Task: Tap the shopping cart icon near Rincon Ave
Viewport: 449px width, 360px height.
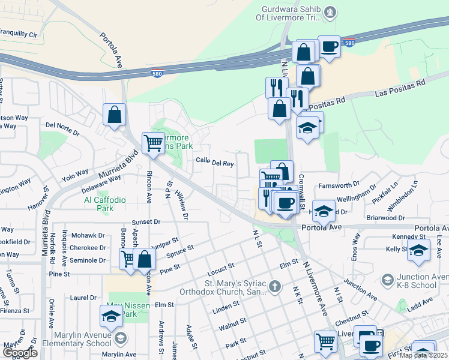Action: pos(153,143)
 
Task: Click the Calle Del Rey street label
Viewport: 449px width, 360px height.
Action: pos(214,162)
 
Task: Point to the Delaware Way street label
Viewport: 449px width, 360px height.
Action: pos(99,181)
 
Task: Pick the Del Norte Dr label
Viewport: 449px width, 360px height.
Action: pos(62,127)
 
